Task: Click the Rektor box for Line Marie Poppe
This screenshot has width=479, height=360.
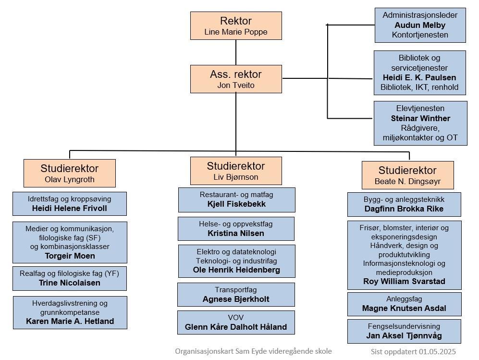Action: pyautogui.click(x=236, y=25)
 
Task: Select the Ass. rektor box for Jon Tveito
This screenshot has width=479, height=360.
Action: pyautogui.click(x=236, y=79)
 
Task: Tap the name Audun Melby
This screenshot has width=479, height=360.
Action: pyautogui.click(x=420, y=25)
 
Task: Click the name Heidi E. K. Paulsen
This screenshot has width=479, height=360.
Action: pyautogui.click(x=419, y=77)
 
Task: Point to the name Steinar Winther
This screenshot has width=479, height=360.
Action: pyautogui.click(x=420, y=118)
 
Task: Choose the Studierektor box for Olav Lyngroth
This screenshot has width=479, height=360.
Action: pyautogui.click(x=70, y=173)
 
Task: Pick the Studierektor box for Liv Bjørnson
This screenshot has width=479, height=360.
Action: pyautogui.click(x=236, y=171)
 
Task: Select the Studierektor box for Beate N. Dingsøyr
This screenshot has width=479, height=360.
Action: pyautogui.click(x=407, y=175)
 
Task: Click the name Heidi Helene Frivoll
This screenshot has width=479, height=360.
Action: pyautogui.click(x=69, y=209)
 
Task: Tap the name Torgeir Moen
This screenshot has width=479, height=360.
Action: pyautogui.click(x=70, y=256)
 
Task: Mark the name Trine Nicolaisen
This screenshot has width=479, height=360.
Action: pyautogui.click(x=69, y=283)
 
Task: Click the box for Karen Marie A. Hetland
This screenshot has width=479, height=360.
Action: pyautogui.click(x=70, y=312)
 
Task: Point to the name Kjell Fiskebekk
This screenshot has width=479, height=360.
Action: pyautogui.click(x=236, y=204)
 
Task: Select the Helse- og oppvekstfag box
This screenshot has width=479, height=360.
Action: pyautogui.click(x=236, y=229)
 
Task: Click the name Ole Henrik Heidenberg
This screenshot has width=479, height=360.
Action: pyautogui.click(x=236, y=270)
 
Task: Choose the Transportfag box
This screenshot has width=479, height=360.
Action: pyautogui.click(x=236, y=294)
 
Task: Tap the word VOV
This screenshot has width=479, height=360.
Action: pyautogui.click(x=235, y=318)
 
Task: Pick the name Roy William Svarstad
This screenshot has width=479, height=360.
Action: pyautogui.click(x=404, y=281)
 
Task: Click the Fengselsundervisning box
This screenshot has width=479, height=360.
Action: pyautogui.click(x=404, y=331)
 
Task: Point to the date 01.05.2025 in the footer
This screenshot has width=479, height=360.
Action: pyautogui.click(x=437, y=351)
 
